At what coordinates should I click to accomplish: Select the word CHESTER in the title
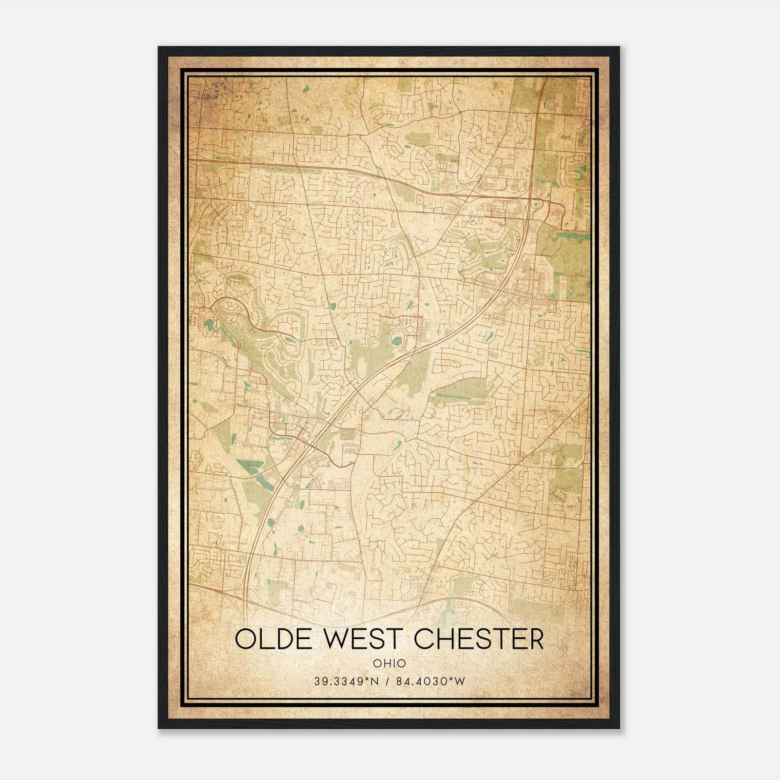479,639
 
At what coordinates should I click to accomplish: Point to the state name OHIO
389,663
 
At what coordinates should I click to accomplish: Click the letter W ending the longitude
460,682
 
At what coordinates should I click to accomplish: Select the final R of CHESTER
535,639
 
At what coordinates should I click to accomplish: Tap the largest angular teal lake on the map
250,464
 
